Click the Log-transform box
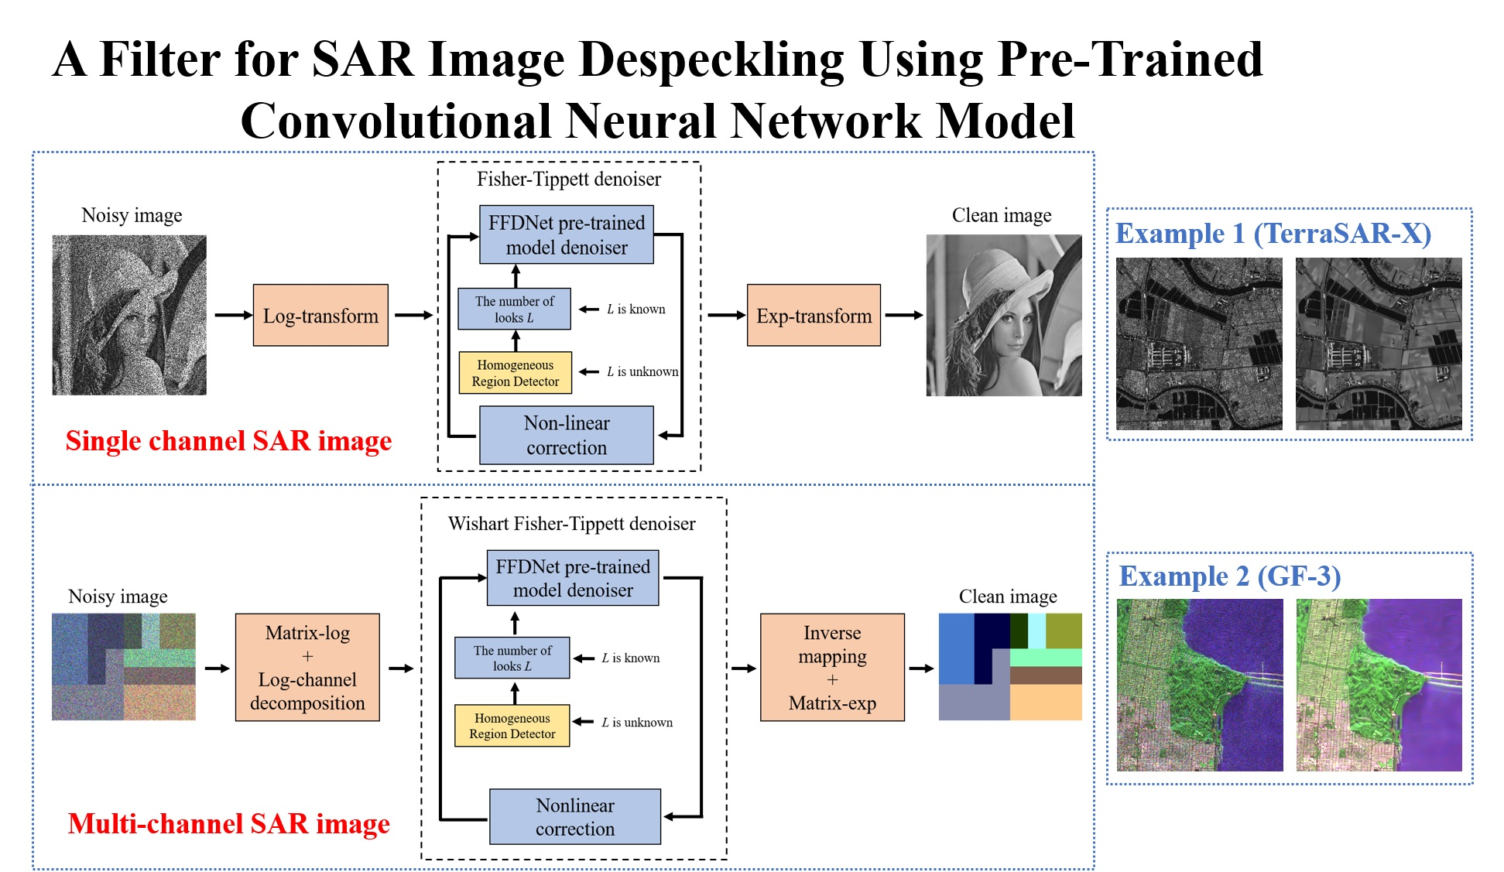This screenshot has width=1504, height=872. click(320, 315)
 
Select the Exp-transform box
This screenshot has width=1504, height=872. click(814, 315)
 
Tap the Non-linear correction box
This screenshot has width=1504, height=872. click(567, 435)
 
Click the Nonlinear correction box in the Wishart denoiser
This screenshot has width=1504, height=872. click(575, 816)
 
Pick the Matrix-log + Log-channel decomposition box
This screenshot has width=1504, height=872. click(307, 667)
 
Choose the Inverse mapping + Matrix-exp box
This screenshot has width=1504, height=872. click(832, 667)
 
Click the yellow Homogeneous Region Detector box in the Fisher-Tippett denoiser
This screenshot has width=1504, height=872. click(516, 373)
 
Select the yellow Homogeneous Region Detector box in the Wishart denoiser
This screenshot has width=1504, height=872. click(512, 726)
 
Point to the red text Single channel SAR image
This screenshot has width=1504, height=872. click(228, 441)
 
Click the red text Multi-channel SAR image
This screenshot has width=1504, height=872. click(228, 824)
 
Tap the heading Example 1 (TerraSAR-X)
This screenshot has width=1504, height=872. click(1273, 234)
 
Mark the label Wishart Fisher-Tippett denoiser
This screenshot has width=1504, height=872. click(571, 524)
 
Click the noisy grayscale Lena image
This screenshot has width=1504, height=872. click(129, 315)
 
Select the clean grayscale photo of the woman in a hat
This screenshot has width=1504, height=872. click(1004, 315)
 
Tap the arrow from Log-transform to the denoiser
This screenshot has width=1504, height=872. click(413, 315)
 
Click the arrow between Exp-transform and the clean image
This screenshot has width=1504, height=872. click(903, 315)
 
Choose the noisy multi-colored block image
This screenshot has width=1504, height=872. click(124, 667)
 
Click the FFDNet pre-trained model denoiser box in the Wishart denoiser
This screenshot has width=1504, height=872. click(573, 578)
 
